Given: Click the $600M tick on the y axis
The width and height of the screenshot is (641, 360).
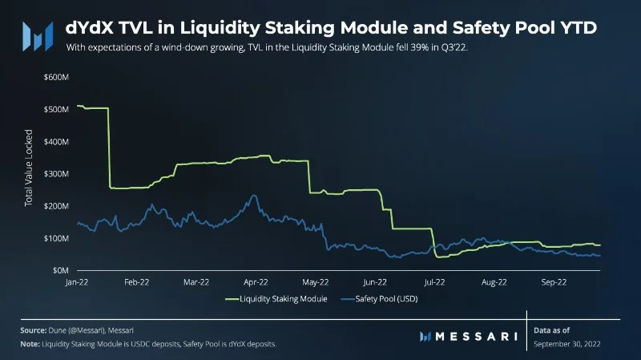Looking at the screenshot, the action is tap(56, 77).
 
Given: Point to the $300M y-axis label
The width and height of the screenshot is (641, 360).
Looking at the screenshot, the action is tap(56, 174).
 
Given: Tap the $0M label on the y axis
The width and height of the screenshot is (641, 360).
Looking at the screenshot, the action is tap(61, 270).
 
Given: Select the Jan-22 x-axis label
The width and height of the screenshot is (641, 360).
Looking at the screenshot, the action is tap(77, 282).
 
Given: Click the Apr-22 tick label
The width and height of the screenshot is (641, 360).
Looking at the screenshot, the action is tap(256, 282).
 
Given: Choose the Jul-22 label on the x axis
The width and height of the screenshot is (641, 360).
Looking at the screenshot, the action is tap(434, 282).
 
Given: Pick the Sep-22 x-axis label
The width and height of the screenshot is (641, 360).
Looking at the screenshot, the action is tap(554, 282).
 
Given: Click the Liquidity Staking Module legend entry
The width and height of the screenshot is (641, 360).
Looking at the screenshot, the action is tap(276, 299).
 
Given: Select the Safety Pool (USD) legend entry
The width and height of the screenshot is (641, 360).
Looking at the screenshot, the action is tap(379, 299).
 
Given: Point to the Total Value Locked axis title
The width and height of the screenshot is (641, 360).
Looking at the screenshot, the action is tap(28, 168).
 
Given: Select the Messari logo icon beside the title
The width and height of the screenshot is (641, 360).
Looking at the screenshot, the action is tap(38, 36).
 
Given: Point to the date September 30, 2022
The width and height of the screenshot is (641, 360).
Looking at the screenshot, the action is tap(567, 344).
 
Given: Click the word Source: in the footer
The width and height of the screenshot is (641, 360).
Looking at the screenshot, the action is tap(34, 330).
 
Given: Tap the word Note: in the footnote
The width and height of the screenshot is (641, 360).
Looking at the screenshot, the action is tap(30, 344).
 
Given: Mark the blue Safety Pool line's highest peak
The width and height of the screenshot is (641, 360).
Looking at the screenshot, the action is tap(253, 195).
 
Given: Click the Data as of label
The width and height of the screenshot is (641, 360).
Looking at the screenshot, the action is tap(551, 330).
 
